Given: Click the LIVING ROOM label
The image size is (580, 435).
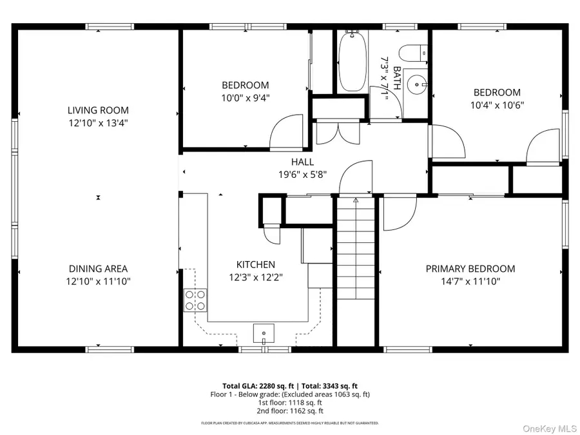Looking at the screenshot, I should pyautogui.click(x=98, y=110).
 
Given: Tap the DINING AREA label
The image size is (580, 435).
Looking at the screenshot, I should pyautogui.click(x=98, y=269).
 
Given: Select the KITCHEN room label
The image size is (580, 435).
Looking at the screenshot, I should pyautogui.click(x=255, y=264).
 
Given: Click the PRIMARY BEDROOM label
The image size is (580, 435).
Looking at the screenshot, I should pyautogui.click(x=470, y=269).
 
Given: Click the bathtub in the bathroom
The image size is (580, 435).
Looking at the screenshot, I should pyautogui.click(x=352, y=61).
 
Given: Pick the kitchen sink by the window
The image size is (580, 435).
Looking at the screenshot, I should pyautogui.click(x=264, y=333).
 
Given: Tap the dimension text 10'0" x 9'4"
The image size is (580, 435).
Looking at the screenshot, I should pyautogui.click(x=245, y=98).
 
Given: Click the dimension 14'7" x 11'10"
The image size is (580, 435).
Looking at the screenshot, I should pyautogui.click(x=470, y=281).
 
